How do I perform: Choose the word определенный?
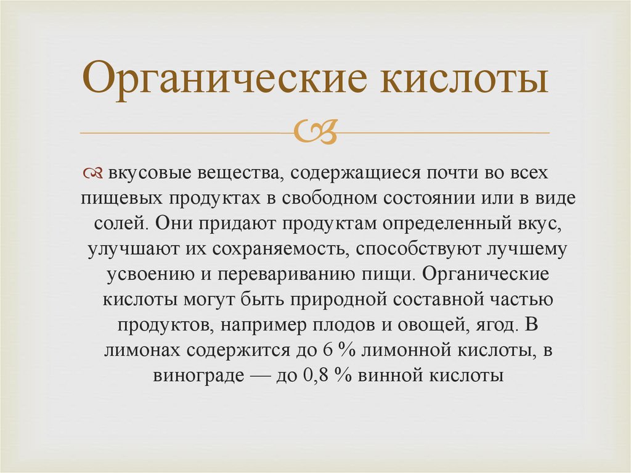tap(439, 224)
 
